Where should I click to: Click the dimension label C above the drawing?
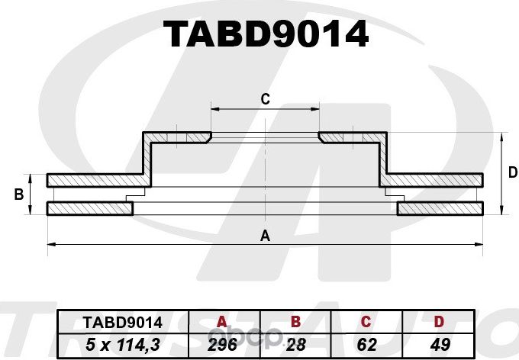(x=265, y=98)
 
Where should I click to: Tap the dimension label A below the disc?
(x=266, y=235)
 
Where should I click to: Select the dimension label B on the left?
(x=19, y=195)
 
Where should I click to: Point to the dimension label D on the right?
(x=512, y=173)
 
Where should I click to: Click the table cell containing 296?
(x=223, y=344)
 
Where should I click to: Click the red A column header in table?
(x=223, y=322)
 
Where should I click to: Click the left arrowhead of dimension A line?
(x=51, y=244)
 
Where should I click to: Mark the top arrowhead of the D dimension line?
(x=501, y=137)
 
